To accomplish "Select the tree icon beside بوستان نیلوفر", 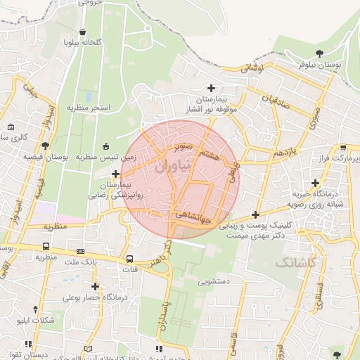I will [320, 53].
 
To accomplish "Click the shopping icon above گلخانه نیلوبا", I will [83, 32].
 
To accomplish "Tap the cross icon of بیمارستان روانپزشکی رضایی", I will [115, 173].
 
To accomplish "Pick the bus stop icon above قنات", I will [129, 258].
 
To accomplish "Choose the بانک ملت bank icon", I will [80, 250].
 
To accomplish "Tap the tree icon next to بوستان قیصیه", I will [46, 146].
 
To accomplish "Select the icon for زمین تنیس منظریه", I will [106, 146].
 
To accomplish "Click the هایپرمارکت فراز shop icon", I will [342, 148].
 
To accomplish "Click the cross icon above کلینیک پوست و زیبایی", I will [255, 214].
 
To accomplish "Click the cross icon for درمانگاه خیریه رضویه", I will [316, 184].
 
